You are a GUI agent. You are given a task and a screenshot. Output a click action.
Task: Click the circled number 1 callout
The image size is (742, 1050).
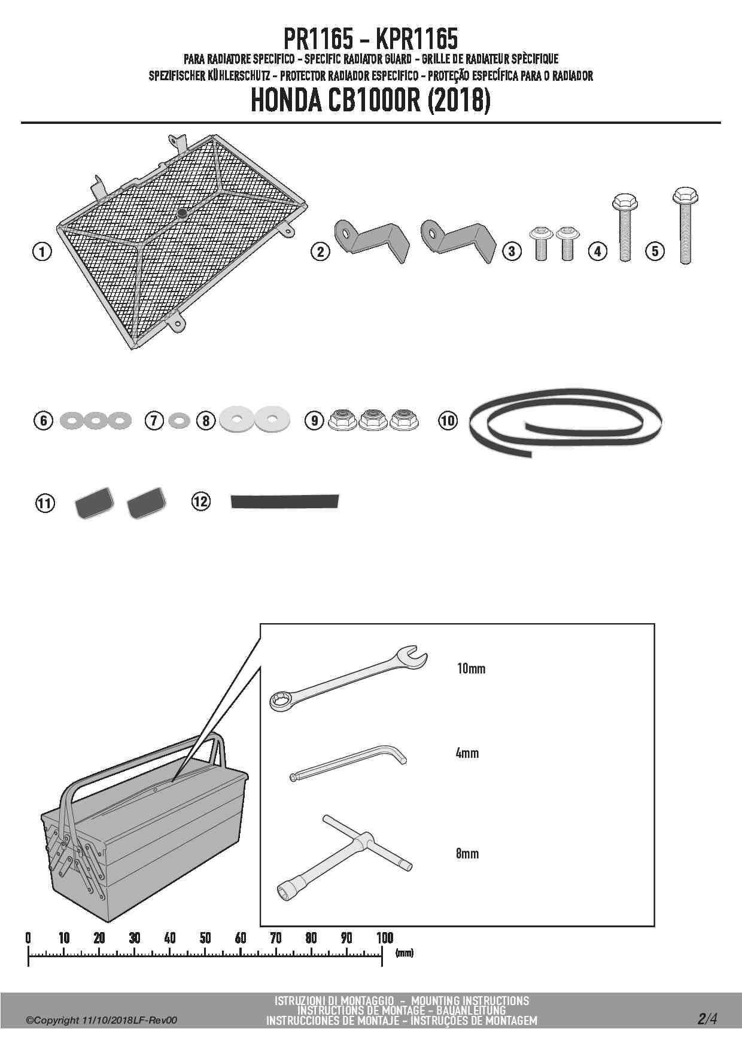tap(41, 251)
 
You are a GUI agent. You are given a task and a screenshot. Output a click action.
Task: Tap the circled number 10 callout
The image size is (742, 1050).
tap(448, 420)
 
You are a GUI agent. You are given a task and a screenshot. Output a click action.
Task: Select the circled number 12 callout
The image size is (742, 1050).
tap(201, 501)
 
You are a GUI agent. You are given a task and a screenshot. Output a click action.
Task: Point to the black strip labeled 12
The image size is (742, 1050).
tap(285, 502)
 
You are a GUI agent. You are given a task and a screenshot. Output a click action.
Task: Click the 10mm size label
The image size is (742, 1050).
tap(471, 669)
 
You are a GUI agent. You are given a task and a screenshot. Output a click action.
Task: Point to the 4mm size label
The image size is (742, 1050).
tap(467, 753)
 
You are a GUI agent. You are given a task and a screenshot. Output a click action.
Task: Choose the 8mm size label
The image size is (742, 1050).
tap(467, 854)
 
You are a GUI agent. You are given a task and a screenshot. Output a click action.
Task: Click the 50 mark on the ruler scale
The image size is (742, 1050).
tap(205, 937)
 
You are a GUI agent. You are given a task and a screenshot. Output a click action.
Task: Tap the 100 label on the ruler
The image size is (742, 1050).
tap(384, 937)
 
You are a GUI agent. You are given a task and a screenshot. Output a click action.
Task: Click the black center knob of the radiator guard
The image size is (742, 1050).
tap(181, 213)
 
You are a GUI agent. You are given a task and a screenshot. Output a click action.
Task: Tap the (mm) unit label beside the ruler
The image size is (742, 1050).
tap(405, 952)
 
